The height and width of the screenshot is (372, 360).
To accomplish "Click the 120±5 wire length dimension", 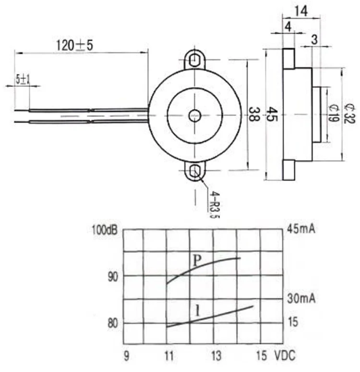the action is pyautogui.click(x=74, y=45).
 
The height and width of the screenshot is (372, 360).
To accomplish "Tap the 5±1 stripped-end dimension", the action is pyautogui.click(x=23, y=79).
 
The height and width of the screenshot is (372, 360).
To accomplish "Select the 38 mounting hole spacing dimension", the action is pyautogui.click(x=254, y=114).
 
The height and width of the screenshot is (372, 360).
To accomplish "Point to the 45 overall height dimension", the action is pyautogui.click(x=272, y=114).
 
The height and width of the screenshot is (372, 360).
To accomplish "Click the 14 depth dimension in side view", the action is pyautogui.click(x=301, y=11).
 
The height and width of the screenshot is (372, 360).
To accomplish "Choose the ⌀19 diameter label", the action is pyautogui.click(x=334, y=113).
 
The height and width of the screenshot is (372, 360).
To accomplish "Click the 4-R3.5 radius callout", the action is pyautogui.click(x=214, y=204).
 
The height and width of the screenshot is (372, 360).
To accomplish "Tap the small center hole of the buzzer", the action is pyautogui.click(x=195, y=116).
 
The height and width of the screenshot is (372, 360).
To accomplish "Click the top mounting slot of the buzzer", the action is pyautogui.click(x=194, y=60).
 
